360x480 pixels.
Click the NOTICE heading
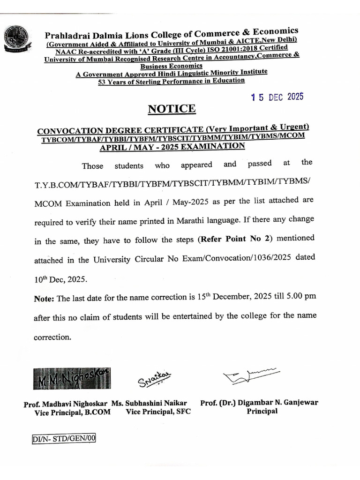coord(172,109)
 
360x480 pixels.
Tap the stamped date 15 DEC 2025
coord(277,97)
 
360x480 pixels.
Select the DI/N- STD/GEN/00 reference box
coord(64,438)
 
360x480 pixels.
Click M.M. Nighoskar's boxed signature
coord(72,378)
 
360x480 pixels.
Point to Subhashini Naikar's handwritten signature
coord(155,378)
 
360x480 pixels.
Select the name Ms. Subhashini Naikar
coord(150,403)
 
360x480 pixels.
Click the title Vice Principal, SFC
coord(158,412)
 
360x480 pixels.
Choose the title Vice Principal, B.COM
coord(69,413)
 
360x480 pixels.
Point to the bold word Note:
coord(45,299)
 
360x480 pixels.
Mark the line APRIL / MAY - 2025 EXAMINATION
coord(172,147)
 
